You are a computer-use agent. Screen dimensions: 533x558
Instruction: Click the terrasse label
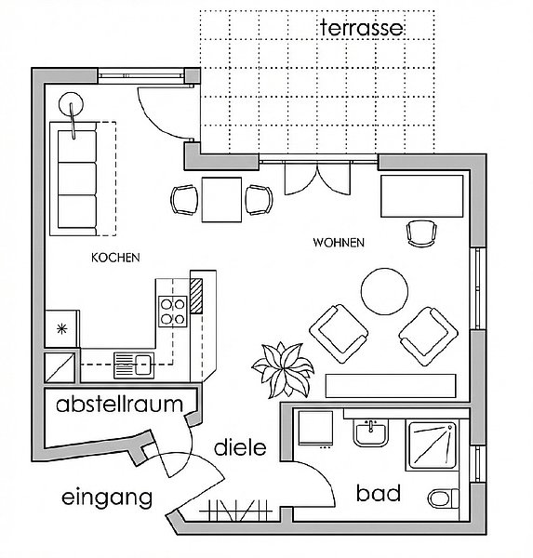click(362, 28)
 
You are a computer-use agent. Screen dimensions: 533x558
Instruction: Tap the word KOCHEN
click(115, 258)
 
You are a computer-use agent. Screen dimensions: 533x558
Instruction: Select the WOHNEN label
click(339, 243)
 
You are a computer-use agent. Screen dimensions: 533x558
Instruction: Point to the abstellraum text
click(119, 405)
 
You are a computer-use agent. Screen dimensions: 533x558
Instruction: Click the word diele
click(240, 447)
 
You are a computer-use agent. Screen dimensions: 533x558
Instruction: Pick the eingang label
click(107, 498)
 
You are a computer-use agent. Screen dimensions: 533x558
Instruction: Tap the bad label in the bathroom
click(378, 493)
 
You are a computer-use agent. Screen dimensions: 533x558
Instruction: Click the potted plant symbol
click(283, 370)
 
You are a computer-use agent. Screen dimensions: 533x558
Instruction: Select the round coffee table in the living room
click(384, 291)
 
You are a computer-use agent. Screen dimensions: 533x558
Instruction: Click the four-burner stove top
click(173, 312)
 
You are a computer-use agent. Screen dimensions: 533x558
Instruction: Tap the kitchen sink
click(134, 365)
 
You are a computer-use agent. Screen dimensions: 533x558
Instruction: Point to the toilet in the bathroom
click(444, 498)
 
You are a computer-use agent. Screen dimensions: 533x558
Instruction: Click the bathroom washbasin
click(370, 432)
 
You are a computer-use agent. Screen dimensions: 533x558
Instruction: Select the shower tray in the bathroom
click(433, 445)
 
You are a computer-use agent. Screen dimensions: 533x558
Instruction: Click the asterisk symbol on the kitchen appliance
click(62, 329)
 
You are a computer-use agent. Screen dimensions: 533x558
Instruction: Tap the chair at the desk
click(421, 233)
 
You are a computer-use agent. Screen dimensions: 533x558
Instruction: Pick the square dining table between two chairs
click(221, 200)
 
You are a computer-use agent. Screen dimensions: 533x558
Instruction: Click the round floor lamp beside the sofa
click(71, 104)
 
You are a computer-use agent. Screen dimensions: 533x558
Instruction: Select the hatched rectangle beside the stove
click(196, 296)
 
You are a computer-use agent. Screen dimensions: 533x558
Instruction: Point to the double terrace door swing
click(317, 178)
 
